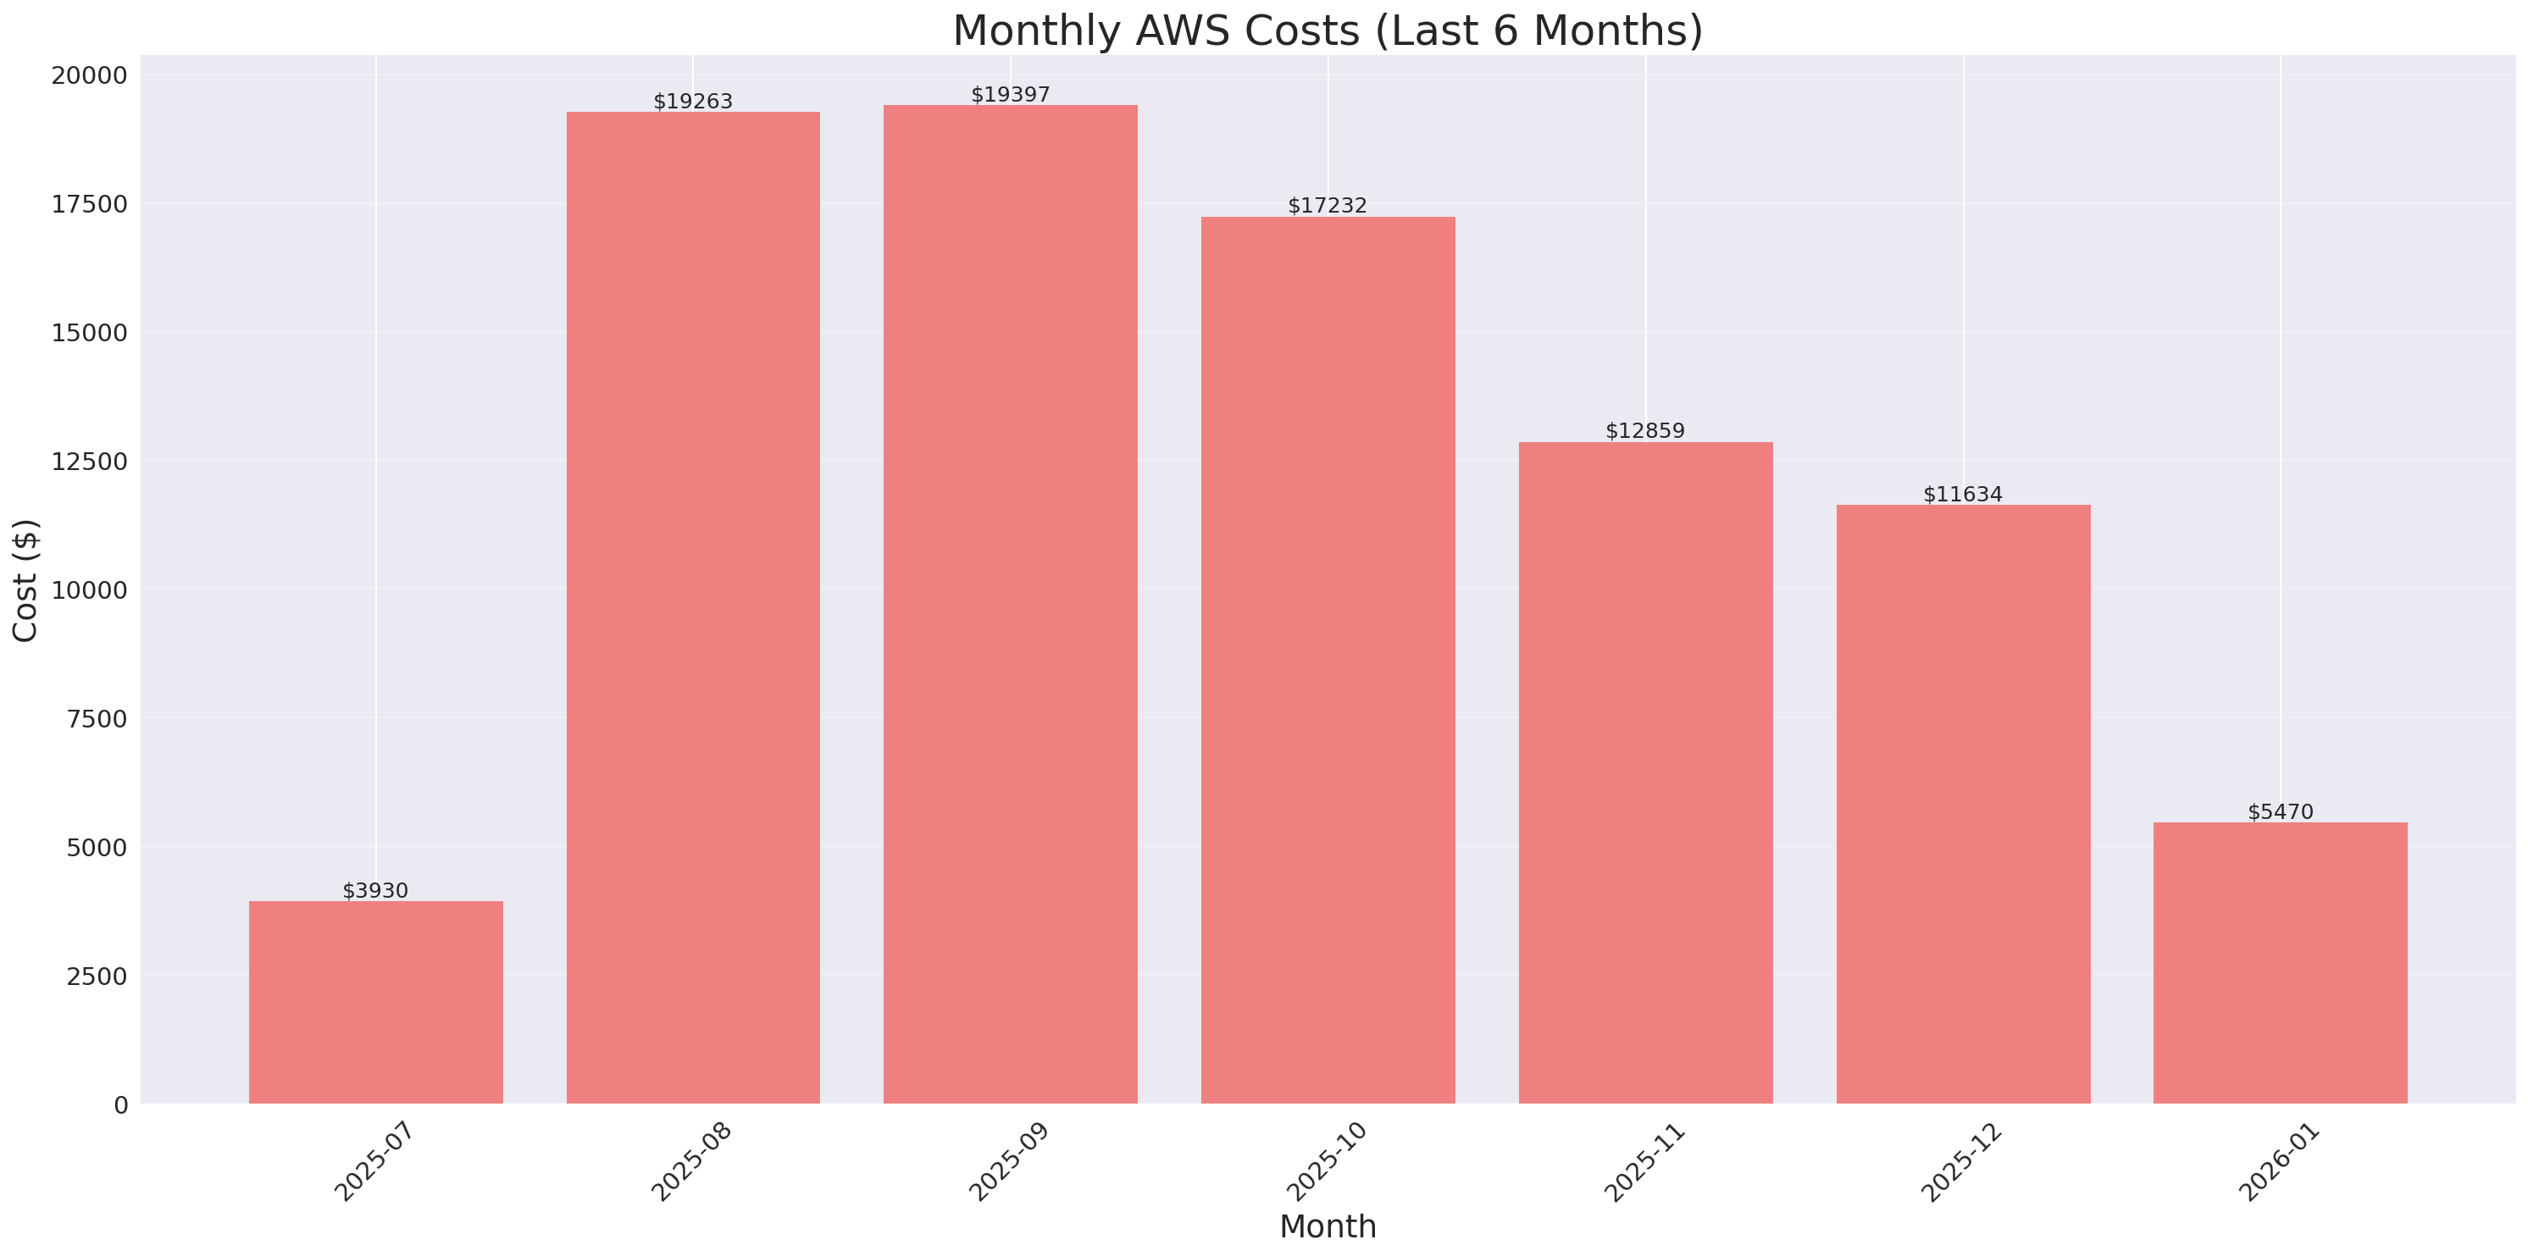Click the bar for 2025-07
(x=376, y=1002)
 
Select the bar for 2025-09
(x=1010, y=604)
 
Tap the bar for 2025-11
(x=1646, y=772)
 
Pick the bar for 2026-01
(x=2280, y=963)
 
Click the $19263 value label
(x=693, y=101)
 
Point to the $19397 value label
(x=1010, y=94)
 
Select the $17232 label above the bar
(x=1327, y=205)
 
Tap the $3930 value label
(x=375, y=890)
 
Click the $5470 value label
(x=2280, y=811)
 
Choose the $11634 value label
(x=1963, y=494)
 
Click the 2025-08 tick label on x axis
(x=692, y=1162)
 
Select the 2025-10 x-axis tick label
(x=1326, y=1162)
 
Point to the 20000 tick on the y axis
(x=89, y=75)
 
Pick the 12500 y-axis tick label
(x=89, y=462)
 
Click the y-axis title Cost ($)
(x=25, y=580)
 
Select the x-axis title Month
(x=1328, y=1226)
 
